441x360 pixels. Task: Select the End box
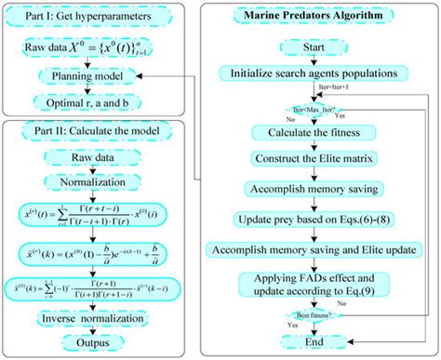click(320, 341)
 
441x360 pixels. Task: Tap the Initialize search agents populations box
click(319, 72)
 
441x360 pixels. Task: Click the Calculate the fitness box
click(319, 133)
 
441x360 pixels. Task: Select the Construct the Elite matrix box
click(319, 159)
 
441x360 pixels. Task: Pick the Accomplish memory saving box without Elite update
click(319, 189)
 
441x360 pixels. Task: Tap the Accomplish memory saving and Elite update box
click(319, 250)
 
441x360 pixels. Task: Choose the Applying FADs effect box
click(319, 286)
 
